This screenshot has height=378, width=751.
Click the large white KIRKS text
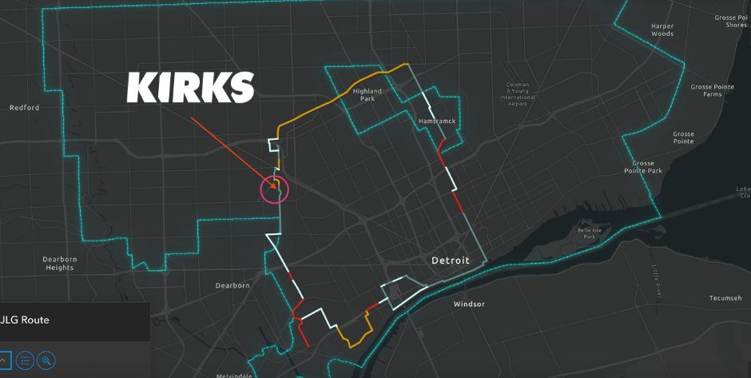(x=190, y=87)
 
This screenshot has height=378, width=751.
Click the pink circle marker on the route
(x=274, y=189)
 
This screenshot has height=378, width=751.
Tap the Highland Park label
(x=368, y=94)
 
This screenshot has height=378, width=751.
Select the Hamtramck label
(x=436, y=121)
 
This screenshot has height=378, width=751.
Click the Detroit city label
(x=451, y=261)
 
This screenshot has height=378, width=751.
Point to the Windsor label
(x=469, y=304)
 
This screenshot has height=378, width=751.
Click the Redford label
(x=24, y=108)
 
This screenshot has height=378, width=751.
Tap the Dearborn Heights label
(x=59, y=263)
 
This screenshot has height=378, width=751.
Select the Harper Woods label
(x=662, y=30)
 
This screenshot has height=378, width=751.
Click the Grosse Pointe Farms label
(x=705, y=90)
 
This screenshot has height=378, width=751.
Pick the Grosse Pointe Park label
(x=643, y=166)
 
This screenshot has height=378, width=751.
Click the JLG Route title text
(x=25, y=320)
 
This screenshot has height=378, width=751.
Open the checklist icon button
(x=25, y=360)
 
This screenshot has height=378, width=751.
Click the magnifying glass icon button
(x=46, y=360)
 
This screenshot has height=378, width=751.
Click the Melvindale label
(x=235, y=375)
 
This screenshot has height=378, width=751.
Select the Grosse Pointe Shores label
(x=730, y=21)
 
